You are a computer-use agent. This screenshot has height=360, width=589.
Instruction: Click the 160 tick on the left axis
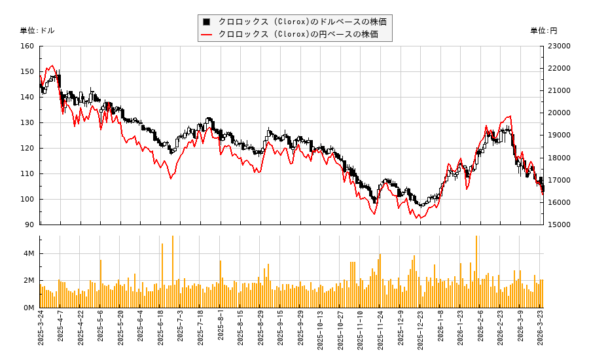coord(27,46)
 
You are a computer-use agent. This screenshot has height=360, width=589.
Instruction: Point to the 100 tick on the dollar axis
coord(27,199)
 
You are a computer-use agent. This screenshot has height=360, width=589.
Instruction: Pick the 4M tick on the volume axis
coord(29,253)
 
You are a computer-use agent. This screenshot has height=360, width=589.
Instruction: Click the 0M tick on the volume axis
coord(29,308)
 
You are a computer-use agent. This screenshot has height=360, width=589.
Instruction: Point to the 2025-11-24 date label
coord(379,331)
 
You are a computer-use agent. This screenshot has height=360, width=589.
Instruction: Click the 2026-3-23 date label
coord(541,331)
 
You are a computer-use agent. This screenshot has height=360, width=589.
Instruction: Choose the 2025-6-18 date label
coord(160,331)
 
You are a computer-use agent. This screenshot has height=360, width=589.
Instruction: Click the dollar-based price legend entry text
coord(302,22)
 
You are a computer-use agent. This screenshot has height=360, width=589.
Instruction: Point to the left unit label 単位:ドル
coord(37,31)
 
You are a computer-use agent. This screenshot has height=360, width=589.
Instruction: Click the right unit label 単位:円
coord(543,31)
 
